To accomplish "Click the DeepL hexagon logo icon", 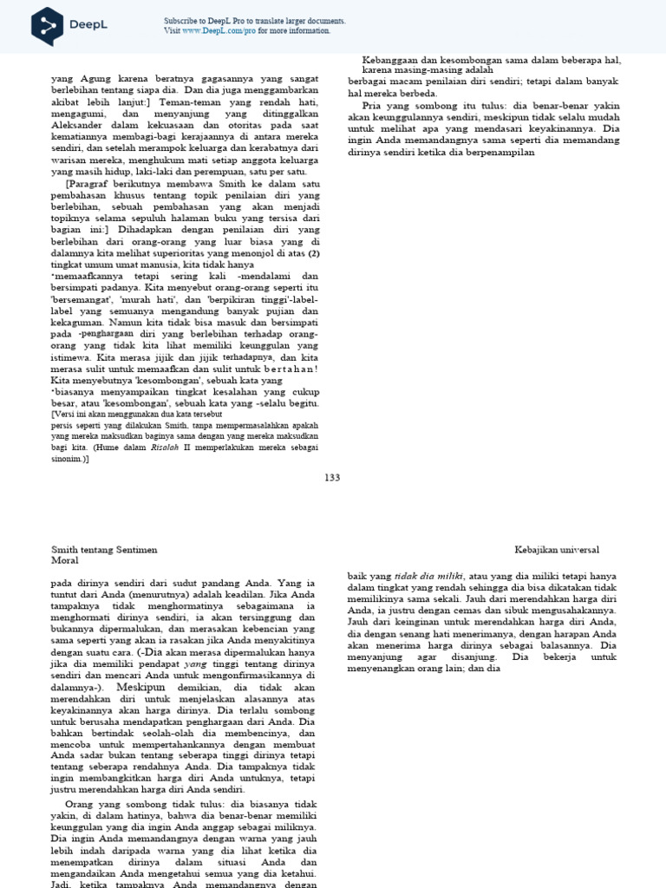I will pyautogui.click(x=47, y=26).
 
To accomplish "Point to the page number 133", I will pyautogui.click(x=332, y=478).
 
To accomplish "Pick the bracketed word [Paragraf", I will pyautogui.click(x=92, y=184).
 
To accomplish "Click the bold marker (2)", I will pyautogui.click(x=316, y=253).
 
